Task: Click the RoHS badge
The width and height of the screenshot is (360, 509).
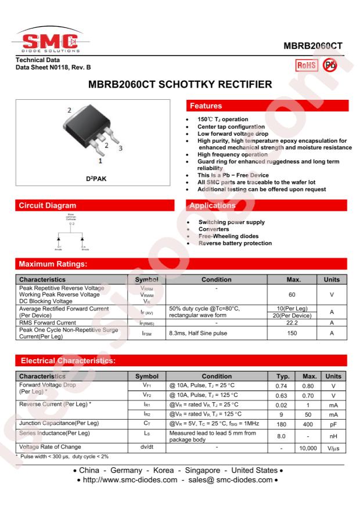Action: pyautogui.click(x=307, y=65)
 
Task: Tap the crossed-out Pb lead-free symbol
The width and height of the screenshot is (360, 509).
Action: pyautogui.click(x=330, y=65)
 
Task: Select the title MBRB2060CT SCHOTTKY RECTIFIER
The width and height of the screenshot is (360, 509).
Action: pyautogui.click(x=180, y=85)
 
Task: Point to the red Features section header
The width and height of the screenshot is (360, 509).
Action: pyautogui.click(x=267, y=106)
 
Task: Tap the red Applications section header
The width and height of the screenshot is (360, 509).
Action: pyautogui.click(x=267, y=205)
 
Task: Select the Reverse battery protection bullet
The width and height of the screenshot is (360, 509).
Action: pyautogui.click(x=235, y=243)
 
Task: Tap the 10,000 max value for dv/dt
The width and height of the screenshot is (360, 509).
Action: pyautogui.click(x=307, y=449)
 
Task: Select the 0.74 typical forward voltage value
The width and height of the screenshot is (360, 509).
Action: pyautogui.click(x=282, y=385)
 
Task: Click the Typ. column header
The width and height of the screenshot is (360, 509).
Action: pyautogui.click(x=282, y=376)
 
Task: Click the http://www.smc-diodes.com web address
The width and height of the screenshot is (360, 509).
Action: pyautogui.click(x=129, y=480)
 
